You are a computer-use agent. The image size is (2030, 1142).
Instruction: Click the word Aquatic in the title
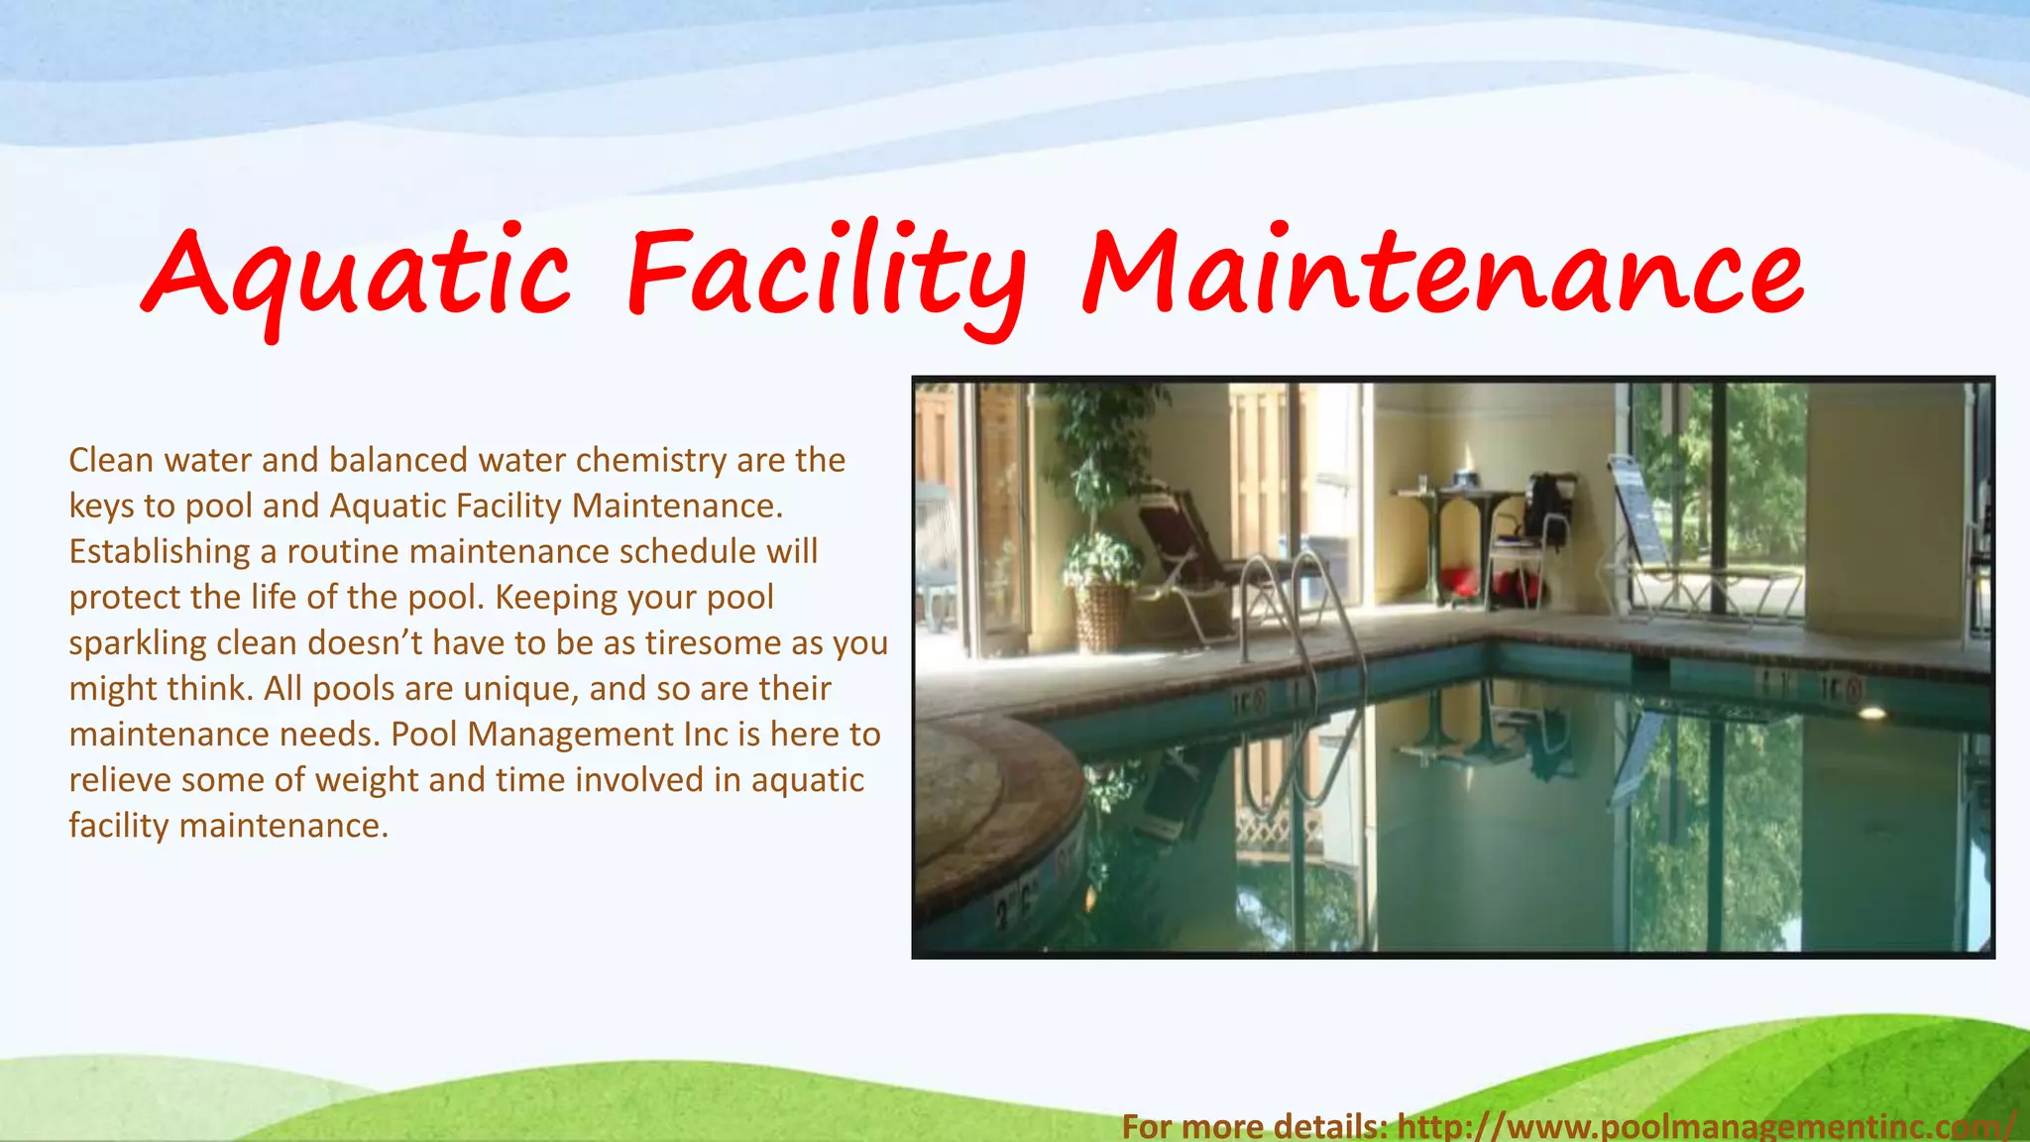(x=357, y=273)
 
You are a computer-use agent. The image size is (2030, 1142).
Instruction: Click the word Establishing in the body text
(x=159, y=551)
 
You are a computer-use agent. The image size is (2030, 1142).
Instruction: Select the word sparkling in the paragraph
(x=138, y=643)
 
